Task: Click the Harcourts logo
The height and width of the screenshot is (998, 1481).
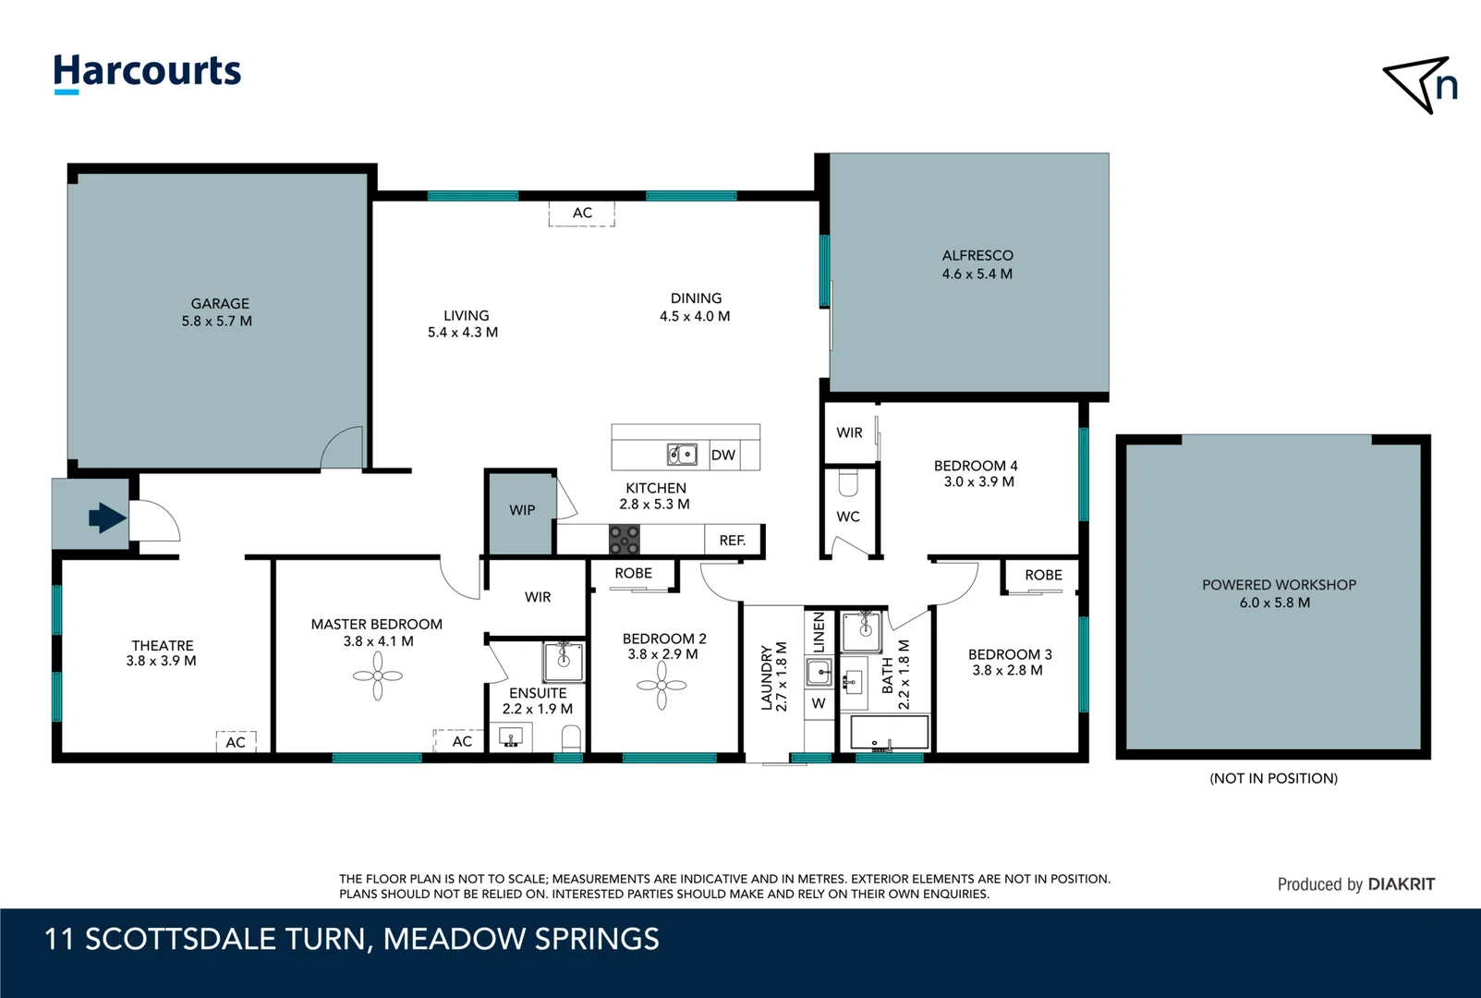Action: click(147, 73)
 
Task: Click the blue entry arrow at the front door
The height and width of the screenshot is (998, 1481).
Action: click(107, 517)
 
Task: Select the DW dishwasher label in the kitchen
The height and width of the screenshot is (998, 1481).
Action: click(723, 455)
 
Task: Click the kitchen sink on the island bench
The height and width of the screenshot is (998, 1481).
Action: click(682, 455)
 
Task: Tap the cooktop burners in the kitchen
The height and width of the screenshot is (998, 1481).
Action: click(625, 539)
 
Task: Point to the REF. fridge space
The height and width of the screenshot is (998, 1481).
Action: click(733, 541)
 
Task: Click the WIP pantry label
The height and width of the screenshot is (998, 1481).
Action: click(522, 510)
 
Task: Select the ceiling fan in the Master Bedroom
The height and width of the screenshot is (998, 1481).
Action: click(378, 675)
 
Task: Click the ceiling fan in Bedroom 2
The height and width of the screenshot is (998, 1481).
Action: click(662, 685)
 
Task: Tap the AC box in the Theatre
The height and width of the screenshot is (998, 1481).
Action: click(236, 741)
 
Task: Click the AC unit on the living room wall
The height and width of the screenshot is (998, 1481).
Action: click(582, 213)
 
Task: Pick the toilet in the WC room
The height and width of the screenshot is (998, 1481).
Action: click(848, 482)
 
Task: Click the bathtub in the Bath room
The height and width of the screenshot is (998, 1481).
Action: click(890, 732)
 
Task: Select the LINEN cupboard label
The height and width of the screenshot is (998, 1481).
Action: click(819, 631)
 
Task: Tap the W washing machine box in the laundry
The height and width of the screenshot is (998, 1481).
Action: click(819, 703)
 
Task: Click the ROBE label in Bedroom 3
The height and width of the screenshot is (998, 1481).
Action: click(1043, 576)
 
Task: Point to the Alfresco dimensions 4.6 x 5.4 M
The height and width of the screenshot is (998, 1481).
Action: click(977, 274)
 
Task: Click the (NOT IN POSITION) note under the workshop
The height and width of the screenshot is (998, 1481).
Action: click(1273, 778)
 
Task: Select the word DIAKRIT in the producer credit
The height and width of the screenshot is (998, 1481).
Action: click(1402, 884)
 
